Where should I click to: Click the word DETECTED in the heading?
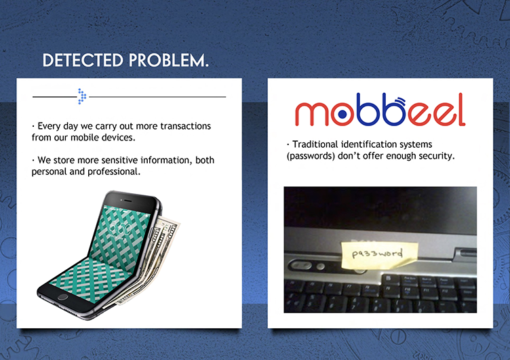pos(83,60)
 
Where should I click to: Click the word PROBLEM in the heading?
pos(167,60)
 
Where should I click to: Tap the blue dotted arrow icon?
pos(82,96)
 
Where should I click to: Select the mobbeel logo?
pos(380,110)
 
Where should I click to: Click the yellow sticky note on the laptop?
pos(379,255)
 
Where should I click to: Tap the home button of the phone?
pos(62,296)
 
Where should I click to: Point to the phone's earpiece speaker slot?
pos(127,200)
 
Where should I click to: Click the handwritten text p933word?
pos(377,254)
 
